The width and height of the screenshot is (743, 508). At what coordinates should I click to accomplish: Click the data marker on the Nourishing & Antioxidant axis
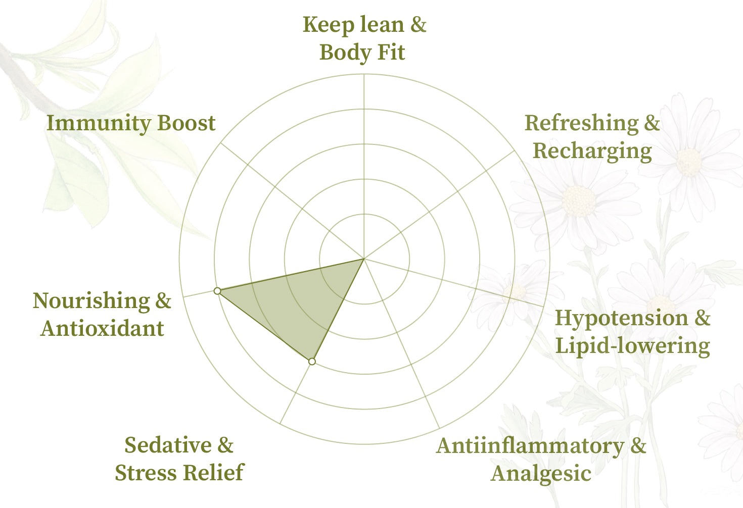217,291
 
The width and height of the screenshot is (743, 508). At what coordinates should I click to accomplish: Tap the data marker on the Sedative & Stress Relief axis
312,362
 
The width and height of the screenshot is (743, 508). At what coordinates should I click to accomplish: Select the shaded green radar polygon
303,303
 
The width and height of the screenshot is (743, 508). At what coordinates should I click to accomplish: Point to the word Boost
187,123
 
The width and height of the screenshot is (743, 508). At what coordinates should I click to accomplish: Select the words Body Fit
362,53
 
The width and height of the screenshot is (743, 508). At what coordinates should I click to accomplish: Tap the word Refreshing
581,123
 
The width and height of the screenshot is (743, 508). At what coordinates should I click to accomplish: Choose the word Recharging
592,151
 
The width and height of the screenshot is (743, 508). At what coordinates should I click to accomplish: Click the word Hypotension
621,318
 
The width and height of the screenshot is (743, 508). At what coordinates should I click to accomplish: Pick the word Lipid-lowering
632,346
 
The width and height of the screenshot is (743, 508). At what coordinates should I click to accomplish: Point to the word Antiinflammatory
530,446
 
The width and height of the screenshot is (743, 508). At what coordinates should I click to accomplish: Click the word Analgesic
541,474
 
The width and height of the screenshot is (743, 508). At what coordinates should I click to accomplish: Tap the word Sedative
168,445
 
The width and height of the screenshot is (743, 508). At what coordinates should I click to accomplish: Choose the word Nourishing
91,301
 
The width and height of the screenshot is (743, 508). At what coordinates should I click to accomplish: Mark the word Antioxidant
102,329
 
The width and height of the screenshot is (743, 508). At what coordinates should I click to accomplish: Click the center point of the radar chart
364,259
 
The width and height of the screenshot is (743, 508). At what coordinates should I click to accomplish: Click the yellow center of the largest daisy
579,200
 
